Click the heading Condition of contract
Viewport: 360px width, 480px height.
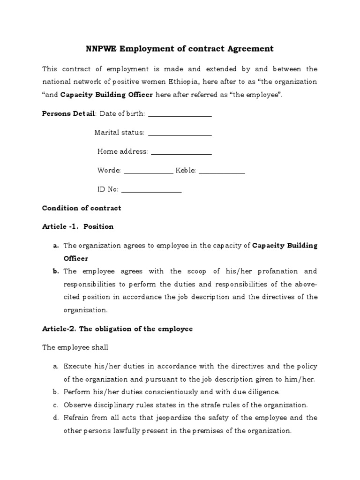(82, 208)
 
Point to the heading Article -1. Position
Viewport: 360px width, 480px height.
(78, 226)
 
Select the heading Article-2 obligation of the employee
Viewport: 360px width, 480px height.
(117, 329)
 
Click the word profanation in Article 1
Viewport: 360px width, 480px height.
(271, 271)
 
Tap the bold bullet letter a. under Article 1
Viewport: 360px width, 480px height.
(56, 245)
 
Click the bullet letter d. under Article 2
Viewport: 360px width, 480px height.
(56, 418)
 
